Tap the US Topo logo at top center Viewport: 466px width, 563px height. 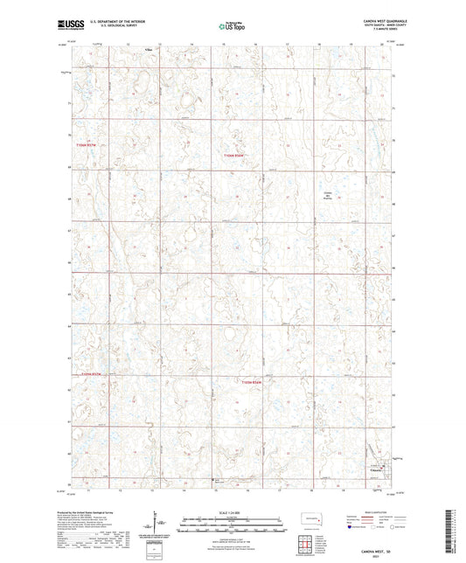pos(229,27)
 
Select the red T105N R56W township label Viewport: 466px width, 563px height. pos(231,155)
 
